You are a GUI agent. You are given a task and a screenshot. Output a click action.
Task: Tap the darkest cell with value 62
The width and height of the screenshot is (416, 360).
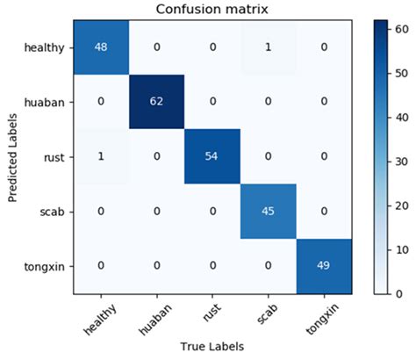(x=156, y=103)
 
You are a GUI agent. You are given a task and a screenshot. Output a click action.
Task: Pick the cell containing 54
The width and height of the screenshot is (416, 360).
(x=212, y=157)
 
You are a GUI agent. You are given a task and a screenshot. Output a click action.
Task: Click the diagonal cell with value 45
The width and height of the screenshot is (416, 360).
(x=269, y=212)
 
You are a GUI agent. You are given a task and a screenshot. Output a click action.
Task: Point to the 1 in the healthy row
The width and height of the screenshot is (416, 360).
(x=269, y=47)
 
